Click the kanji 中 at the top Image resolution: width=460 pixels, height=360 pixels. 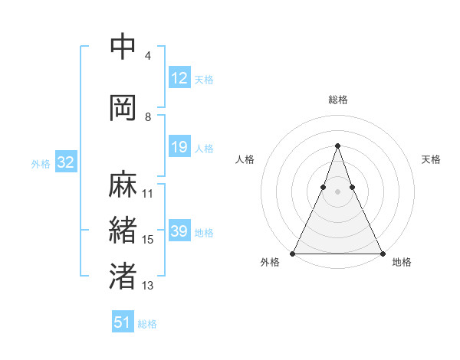tap(123, 47)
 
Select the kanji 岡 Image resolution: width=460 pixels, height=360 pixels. tap(123, 107)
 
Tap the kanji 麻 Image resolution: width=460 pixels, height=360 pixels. tap(123, 184)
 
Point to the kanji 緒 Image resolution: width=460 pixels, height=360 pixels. tap(123, 231)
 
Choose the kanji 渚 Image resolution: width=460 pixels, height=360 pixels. tap(123, 276)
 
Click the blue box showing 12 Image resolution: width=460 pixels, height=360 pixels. tap(179, 78)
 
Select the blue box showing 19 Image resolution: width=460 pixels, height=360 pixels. tap(179, 147)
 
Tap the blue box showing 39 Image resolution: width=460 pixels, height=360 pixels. tap(179, 231)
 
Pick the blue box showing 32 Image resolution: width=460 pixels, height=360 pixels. tap(65, 162)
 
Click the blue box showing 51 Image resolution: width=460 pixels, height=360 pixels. tap(123, 322)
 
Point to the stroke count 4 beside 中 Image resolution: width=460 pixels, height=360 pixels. tap(148, 56)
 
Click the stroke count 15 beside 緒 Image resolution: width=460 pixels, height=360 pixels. tap(148, 240)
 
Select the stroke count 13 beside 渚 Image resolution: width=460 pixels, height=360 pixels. tap(148, 286)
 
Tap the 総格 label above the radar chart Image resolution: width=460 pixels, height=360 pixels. tap(337, 100)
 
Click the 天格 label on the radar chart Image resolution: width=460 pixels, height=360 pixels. tap(431, 159)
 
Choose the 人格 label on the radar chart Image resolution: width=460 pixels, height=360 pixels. tap(245, 159)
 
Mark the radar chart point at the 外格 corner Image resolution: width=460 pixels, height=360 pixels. tap(293, 253)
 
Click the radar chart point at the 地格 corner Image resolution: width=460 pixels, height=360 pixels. tap(382, 253)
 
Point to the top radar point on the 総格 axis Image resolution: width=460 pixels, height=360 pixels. tap(337, 146)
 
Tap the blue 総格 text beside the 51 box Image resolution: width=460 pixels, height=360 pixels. tap(147, 324)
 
